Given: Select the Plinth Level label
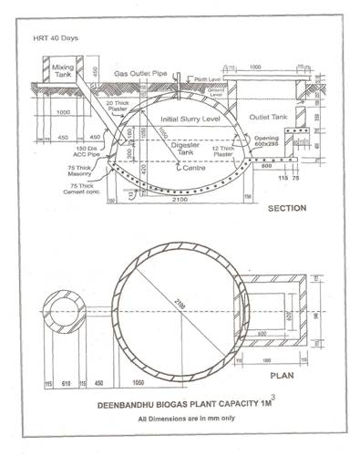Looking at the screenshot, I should point(212,80).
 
